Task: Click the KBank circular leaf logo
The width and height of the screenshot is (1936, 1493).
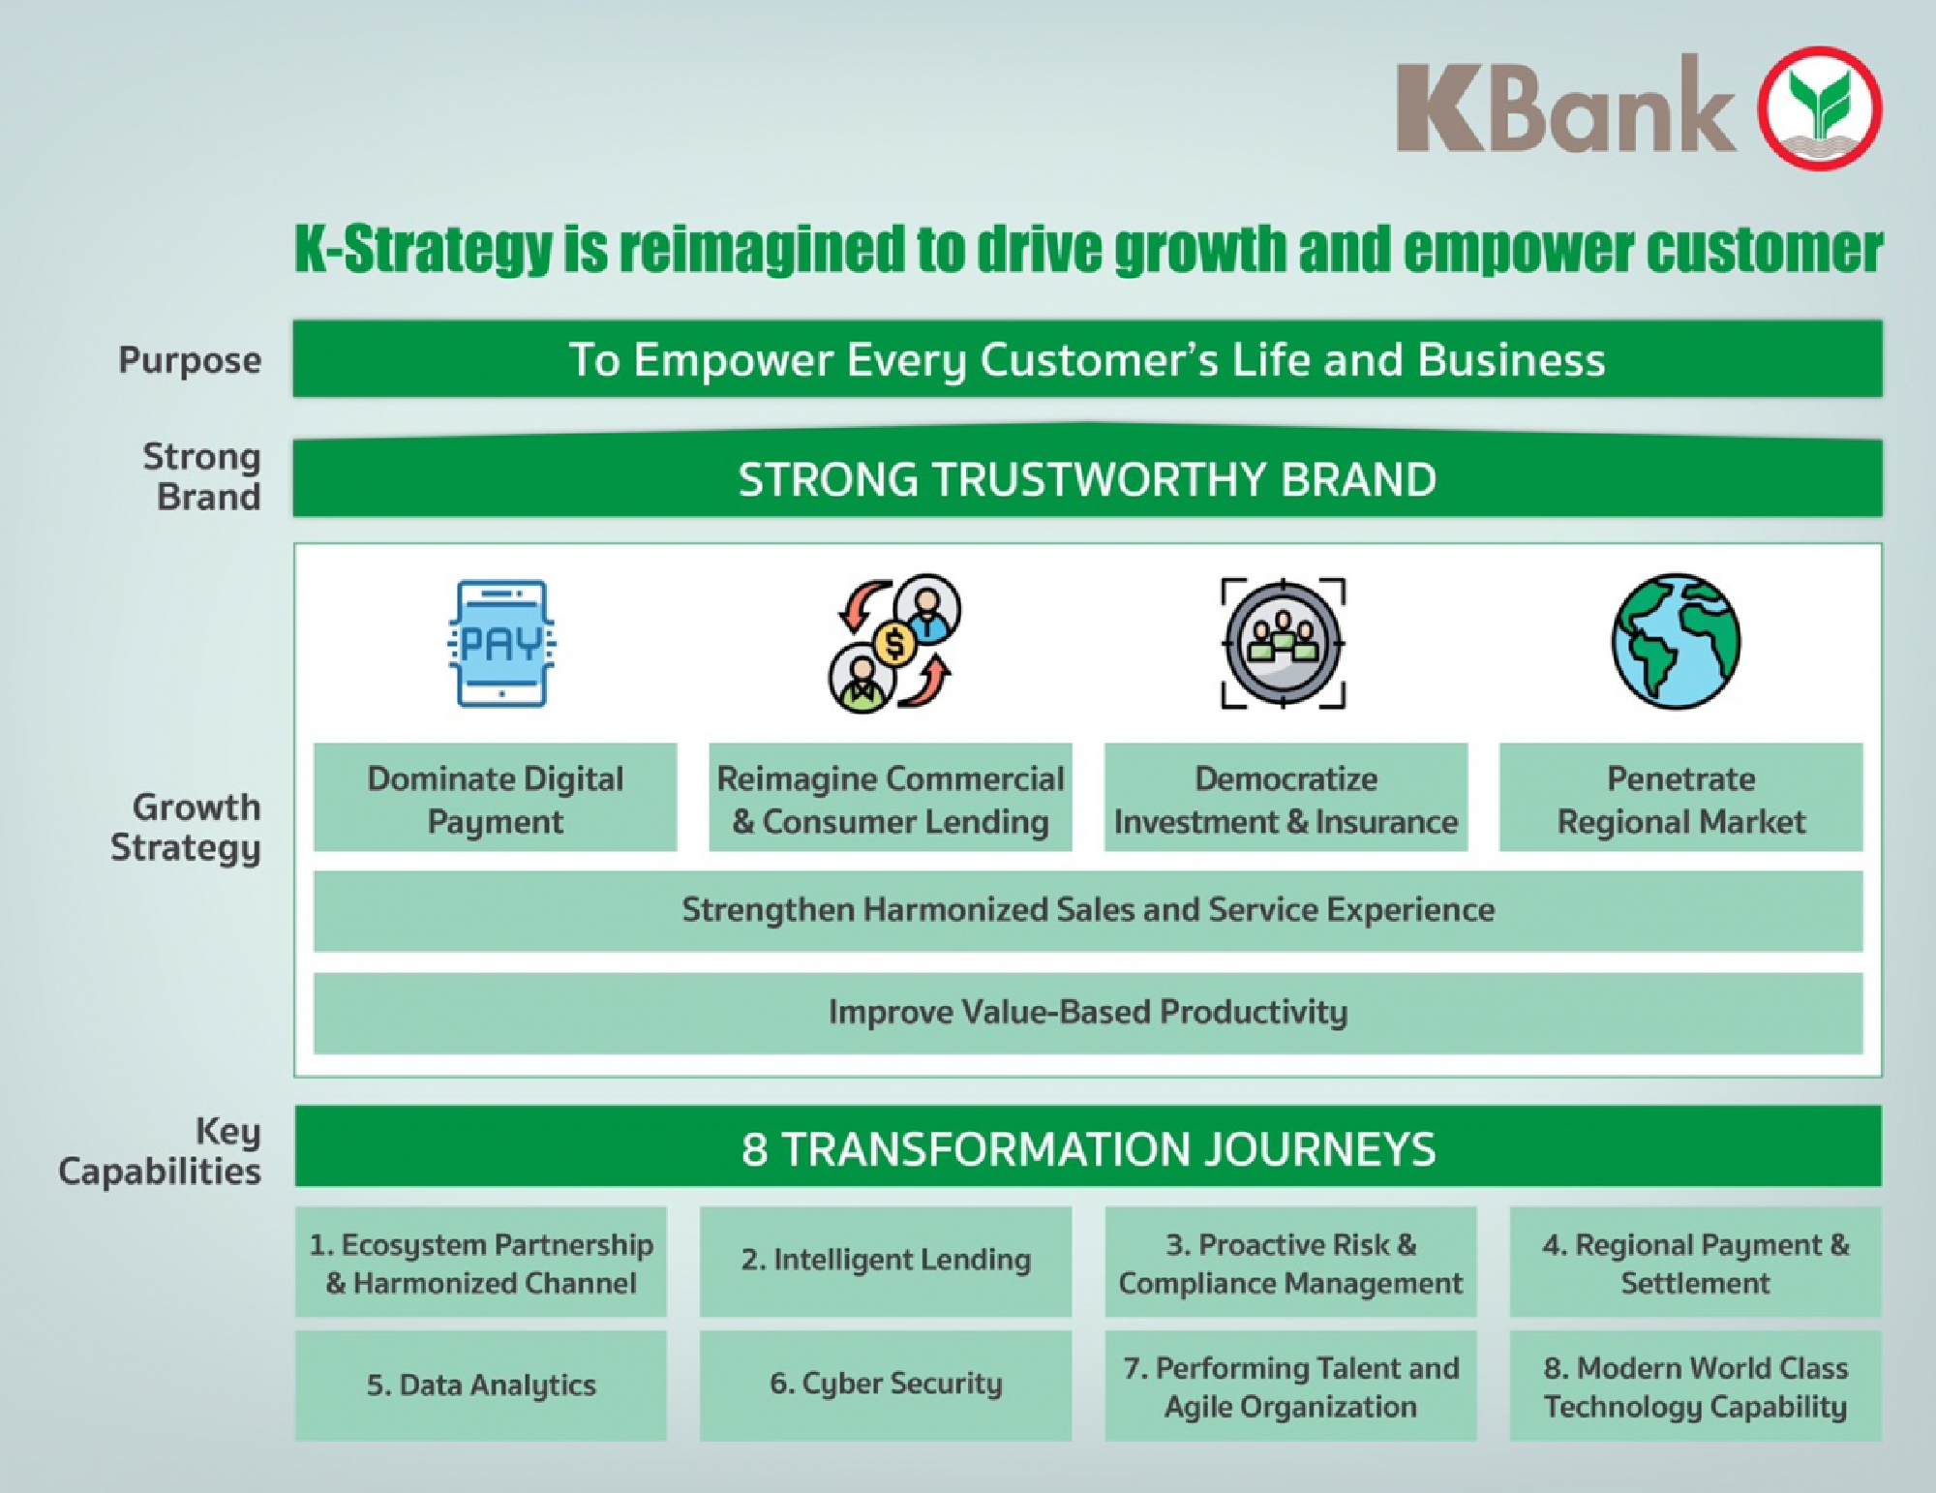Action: click(1819, 108)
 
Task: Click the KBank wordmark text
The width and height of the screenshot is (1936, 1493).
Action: click(1565, 107)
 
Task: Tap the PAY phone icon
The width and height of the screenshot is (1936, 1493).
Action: click(501, 643)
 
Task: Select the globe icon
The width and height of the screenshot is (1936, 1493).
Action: click(1676, 641)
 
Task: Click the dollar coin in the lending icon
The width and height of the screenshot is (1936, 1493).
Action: click(894, 643)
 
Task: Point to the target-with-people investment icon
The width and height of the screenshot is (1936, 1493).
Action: click(1284, 643)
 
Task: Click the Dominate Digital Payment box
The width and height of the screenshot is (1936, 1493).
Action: click(495, 798)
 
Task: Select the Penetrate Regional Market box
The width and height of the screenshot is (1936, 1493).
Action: click(1680, 798)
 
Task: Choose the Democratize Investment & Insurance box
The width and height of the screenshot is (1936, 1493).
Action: click(1286, 798)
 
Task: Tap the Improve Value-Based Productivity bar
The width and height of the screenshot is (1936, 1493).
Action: click(1087, 1013)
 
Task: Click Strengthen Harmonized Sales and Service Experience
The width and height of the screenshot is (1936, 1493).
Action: click(1087, 910)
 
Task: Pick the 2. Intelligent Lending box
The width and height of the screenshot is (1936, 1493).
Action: click(886, 1261)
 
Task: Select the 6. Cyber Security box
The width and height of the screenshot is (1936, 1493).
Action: click(886, 1385)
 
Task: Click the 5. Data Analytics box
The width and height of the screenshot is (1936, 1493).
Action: click(481, 1385)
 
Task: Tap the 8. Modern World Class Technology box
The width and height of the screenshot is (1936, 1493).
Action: click(1695, 1386)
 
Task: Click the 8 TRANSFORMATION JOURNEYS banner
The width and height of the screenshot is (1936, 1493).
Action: click(1087, 1148)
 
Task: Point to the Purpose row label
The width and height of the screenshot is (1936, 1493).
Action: click(190, 360)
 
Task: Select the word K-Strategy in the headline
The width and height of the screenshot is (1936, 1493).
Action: click(422, 249)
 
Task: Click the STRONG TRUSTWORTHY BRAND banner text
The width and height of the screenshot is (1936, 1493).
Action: click(1087, 480)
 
